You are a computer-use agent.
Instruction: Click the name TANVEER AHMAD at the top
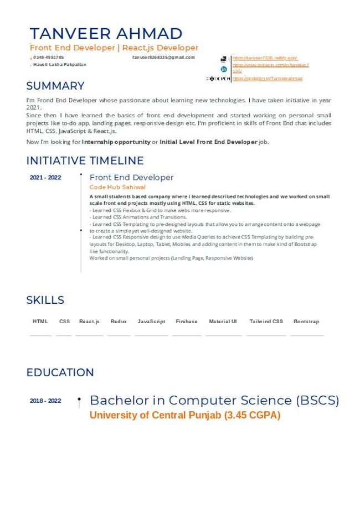(106, 33)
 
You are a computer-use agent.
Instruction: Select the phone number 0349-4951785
(49, 58)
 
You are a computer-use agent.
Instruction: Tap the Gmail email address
(163, 58)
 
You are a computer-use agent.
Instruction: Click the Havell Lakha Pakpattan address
(60, 65)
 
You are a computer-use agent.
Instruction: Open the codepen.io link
(268, 79)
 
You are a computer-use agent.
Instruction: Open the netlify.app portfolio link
(265, 58)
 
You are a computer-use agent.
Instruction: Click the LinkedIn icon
(224, 69)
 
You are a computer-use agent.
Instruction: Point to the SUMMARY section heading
(55, 86)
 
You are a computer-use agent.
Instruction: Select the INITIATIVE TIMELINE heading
(85, 160)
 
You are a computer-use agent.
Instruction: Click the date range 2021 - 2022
(45, 178)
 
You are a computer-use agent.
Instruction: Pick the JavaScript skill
(151, 322)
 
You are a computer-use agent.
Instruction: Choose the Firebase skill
(187, 322)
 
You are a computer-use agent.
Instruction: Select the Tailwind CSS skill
(266, 322)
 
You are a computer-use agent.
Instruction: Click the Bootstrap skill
(306, 322)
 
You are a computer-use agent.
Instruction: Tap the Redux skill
(119, 322)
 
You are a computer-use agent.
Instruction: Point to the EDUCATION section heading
(60, 372)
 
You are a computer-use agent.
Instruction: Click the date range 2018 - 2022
(45, 401)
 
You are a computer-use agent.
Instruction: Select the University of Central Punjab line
(185, 415)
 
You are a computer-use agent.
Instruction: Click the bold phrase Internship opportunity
(116, 142)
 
